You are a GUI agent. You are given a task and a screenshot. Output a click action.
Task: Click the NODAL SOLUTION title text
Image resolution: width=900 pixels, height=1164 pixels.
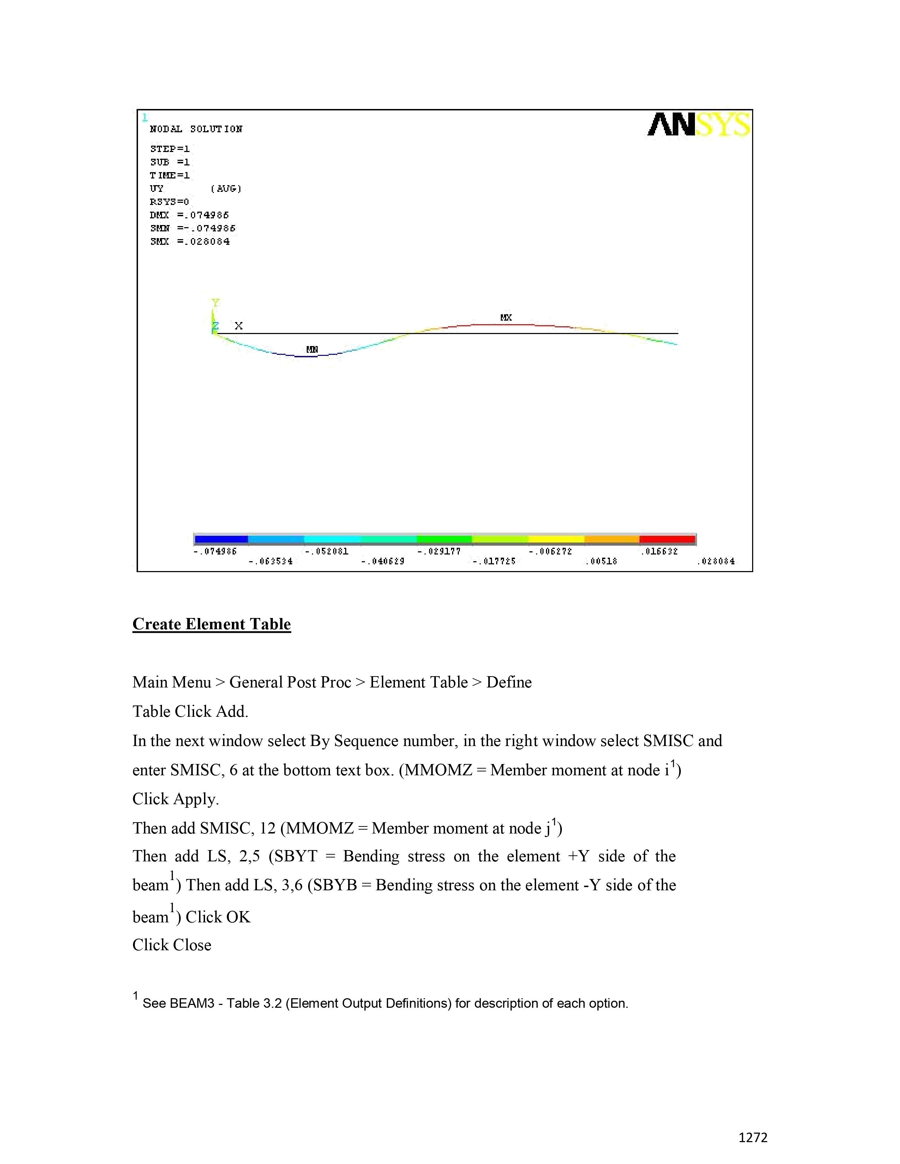pos(196,129)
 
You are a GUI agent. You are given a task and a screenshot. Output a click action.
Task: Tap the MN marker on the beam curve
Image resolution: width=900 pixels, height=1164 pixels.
pos(312,350)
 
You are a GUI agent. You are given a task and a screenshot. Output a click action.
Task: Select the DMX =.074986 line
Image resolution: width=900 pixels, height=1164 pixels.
pos(189,215)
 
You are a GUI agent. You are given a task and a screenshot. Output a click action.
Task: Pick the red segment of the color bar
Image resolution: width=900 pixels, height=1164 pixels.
pos(667,539)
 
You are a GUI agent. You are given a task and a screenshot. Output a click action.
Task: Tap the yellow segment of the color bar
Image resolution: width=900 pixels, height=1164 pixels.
pos(556,539)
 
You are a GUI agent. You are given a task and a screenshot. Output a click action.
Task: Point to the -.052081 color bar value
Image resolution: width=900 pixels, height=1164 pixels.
pos(326,551)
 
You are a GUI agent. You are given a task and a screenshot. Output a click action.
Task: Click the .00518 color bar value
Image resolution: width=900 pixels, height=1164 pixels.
pos(601,561)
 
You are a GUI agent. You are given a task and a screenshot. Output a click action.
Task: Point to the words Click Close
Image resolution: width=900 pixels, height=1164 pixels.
pos(172,945)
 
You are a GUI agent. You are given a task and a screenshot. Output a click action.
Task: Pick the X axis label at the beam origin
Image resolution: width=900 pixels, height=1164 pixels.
pos(238,326)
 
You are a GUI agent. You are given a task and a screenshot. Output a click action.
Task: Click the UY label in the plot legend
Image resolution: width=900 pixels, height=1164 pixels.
pos(157,188)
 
